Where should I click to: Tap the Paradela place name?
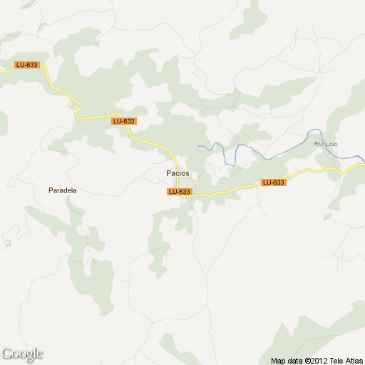point(63,190)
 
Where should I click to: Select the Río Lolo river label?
point(325,145)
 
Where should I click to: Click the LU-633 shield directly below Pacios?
point(179,192)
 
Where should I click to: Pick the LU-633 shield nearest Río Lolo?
point(273,182)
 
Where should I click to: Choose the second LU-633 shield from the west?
point(124,121)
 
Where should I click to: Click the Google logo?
point(22,354)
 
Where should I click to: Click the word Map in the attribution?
point(279,359)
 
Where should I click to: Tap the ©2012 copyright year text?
point(320,359)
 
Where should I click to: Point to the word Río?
point(319,145)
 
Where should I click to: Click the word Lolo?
point(330,145)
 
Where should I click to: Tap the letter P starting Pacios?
point(168,173)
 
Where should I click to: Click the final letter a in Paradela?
point(75,190)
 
